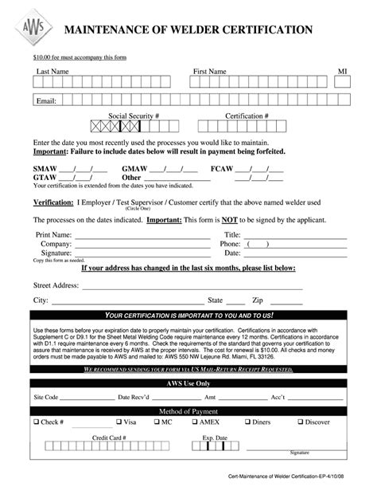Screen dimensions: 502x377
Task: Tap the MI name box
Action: [x=343, y=83]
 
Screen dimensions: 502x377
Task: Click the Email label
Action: [x=45, y=100]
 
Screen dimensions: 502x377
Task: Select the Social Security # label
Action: [x=134, y=116]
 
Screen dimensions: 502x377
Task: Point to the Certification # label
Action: [x=247, y=116]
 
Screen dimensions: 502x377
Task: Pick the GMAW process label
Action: [x=134, y=169]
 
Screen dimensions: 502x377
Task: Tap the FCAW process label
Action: [x=222, y=169]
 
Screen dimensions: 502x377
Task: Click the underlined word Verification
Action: [x=52, y=203]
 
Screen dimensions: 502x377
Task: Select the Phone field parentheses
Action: [x=258, y=245]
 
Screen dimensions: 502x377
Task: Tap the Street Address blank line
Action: [x=191, y=286]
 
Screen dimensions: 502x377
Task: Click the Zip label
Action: [x=258, y=300]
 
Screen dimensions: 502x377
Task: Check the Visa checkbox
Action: [x=119, y=422]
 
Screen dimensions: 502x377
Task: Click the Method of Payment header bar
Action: [x=188, y=410]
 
